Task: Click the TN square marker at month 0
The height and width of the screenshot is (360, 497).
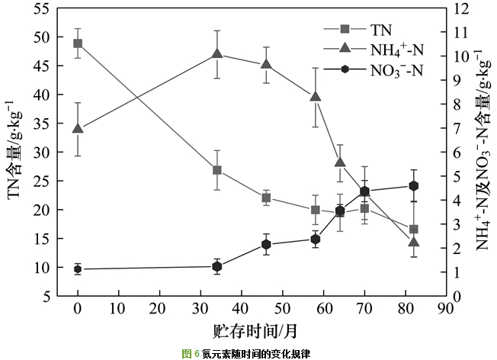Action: click(78, 43)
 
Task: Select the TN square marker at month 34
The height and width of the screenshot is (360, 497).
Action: click(217, 170)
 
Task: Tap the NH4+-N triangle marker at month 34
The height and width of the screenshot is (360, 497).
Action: click(217, 54)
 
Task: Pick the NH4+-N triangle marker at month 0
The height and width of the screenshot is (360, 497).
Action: click(78, 128)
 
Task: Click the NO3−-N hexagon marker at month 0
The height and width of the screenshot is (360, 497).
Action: click(78, 268)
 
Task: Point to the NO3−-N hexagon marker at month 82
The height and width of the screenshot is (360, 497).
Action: click(414, 185)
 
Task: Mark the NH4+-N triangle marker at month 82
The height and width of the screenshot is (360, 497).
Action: click(414, 242)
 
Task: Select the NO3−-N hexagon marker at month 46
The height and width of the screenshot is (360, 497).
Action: click(266, 244)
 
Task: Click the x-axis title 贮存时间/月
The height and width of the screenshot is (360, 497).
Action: click(252, 331)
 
